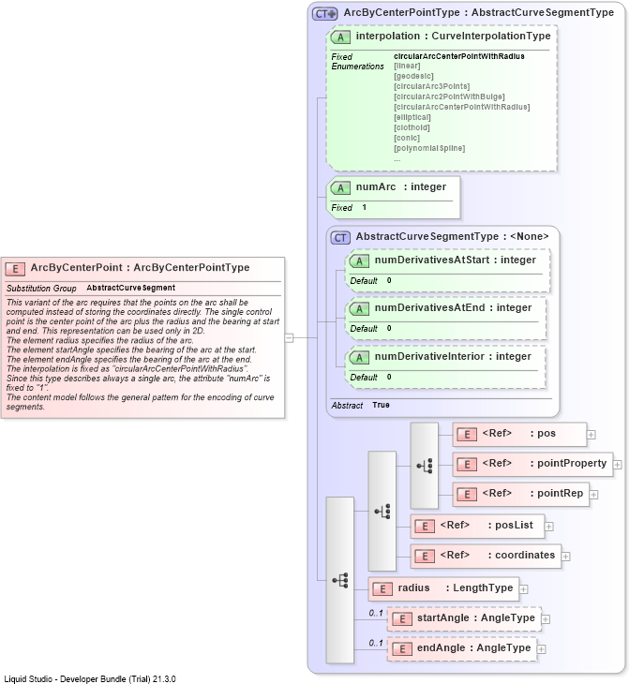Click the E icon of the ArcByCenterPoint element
[x=15, y=269]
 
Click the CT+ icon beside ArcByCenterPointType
[x=324, y=14]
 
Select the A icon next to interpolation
[x=340, y=37]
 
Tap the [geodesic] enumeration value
[x=413, y=76]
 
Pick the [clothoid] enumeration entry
[x=412, y=127]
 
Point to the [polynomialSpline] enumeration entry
[x=429, y=148]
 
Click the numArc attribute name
[x=375, y=186]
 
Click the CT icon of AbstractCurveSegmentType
[x=340, y=238]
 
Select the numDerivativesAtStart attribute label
[x=432, y=260]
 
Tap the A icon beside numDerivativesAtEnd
[x=359, y=309]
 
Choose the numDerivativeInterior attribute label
[x=429, y=356]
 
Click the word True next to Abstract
[x=381, y=405]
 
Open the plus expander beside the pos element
[x=592, y=435]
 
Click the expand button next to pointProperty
[x=617, y=465]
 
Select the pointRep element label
[x=560, y=494]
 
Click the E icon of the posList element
[x=425, y=527]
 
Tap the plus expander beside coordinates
[x=565, y=557]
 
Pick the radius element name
[x=413, y=588]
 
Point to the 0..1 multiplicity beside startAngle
[x=376, y=613]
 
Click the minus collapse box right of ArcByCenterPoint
[x=289, y=337]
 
